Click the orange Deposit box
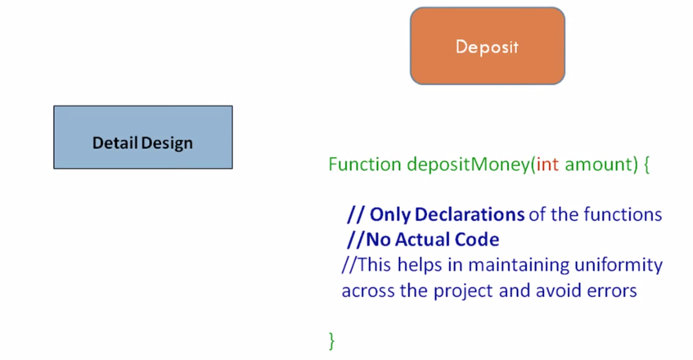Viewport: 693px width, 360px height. [487, 47]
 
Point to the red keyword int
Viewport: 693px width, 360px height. [548, 164]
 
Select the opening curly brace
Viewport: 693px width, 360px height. [646, 164]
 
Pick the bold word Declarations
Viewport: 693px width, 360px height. [470, 214]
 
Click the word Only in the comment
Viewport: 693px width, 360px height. [390, 214]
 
